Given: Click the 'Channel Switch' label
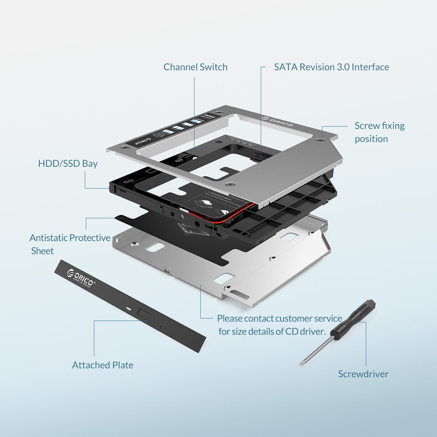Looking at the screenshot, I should point(195,67).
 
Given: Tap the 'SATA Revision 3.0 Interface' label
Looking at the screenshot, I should point(331,67).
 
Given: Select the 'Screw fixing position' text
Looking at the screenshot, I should point(379,132).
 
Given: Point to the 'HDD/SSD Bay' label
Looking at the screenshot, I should point(68,164).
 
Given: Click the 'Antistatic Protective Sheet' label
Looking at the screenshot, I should point(70,238).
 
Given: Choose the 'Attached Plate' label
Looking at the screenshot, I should point(103,365).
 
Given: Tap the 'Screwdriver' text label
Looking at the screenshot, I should point(363,374).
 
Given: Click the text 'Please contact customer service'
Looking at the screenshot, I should point(279,319).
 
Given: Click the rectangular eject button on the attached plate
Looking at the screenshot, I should point(143,314).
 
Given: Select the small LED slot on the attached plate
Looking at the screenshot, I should point(128,308).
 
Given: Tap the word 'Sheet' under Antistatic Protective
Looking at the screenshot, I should point(42,251).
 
